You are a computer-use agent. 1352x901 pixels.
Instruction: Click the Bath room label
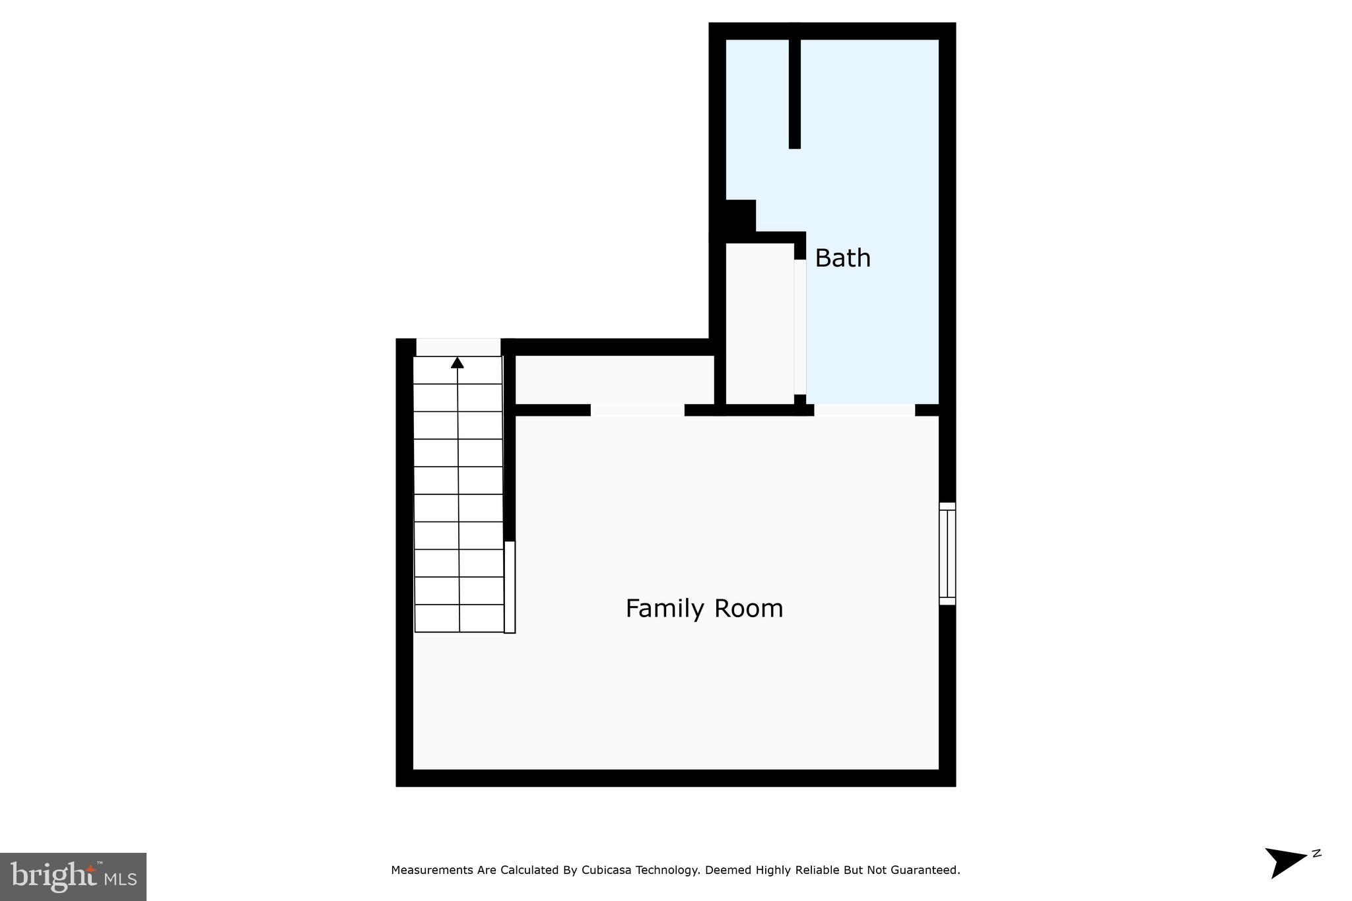coord(842,258)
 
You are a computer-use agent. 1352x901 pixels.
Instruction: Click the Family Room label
coord(704,608)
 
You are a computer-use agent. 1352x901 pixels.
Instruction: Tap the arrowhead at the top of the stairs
coord(457,362)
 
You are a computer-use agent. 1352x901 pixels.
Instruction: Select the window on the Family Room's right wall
coord(947,553)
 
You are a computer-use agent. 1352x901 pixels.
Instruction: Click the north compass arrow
coord(1284,861)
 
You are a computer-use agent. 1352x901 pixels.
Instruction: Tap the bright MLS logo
coord(73,877)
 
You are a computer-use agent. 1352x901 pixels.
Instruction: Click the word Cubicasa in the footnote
coord(605,870)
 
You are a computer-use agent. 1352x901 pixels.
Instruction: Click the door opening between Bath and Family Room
coord(864,410)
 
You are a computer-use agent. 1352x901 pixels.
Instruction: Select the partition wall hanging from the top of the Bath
coord(795,92)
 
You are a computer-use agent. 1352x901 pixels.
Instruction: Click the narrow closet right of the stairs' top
coord(614,380)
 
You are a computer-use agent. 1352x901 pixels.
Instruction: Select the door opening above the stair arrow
coord(458,347)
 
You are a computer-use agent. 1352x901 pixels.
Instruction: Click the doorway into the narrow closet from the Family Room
coord(637,410)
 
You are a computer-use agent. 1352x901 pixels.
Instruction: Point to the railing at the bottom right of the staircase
coord(510,587)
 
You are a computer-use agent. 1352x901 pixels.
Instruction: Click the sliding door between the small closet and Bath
coord(800,327)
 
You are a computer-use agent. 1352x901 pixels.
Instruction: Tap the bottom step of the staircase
coord(459,618)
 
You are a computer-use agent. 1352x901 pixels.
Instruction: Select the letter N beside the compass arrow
coord(1316,853)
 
